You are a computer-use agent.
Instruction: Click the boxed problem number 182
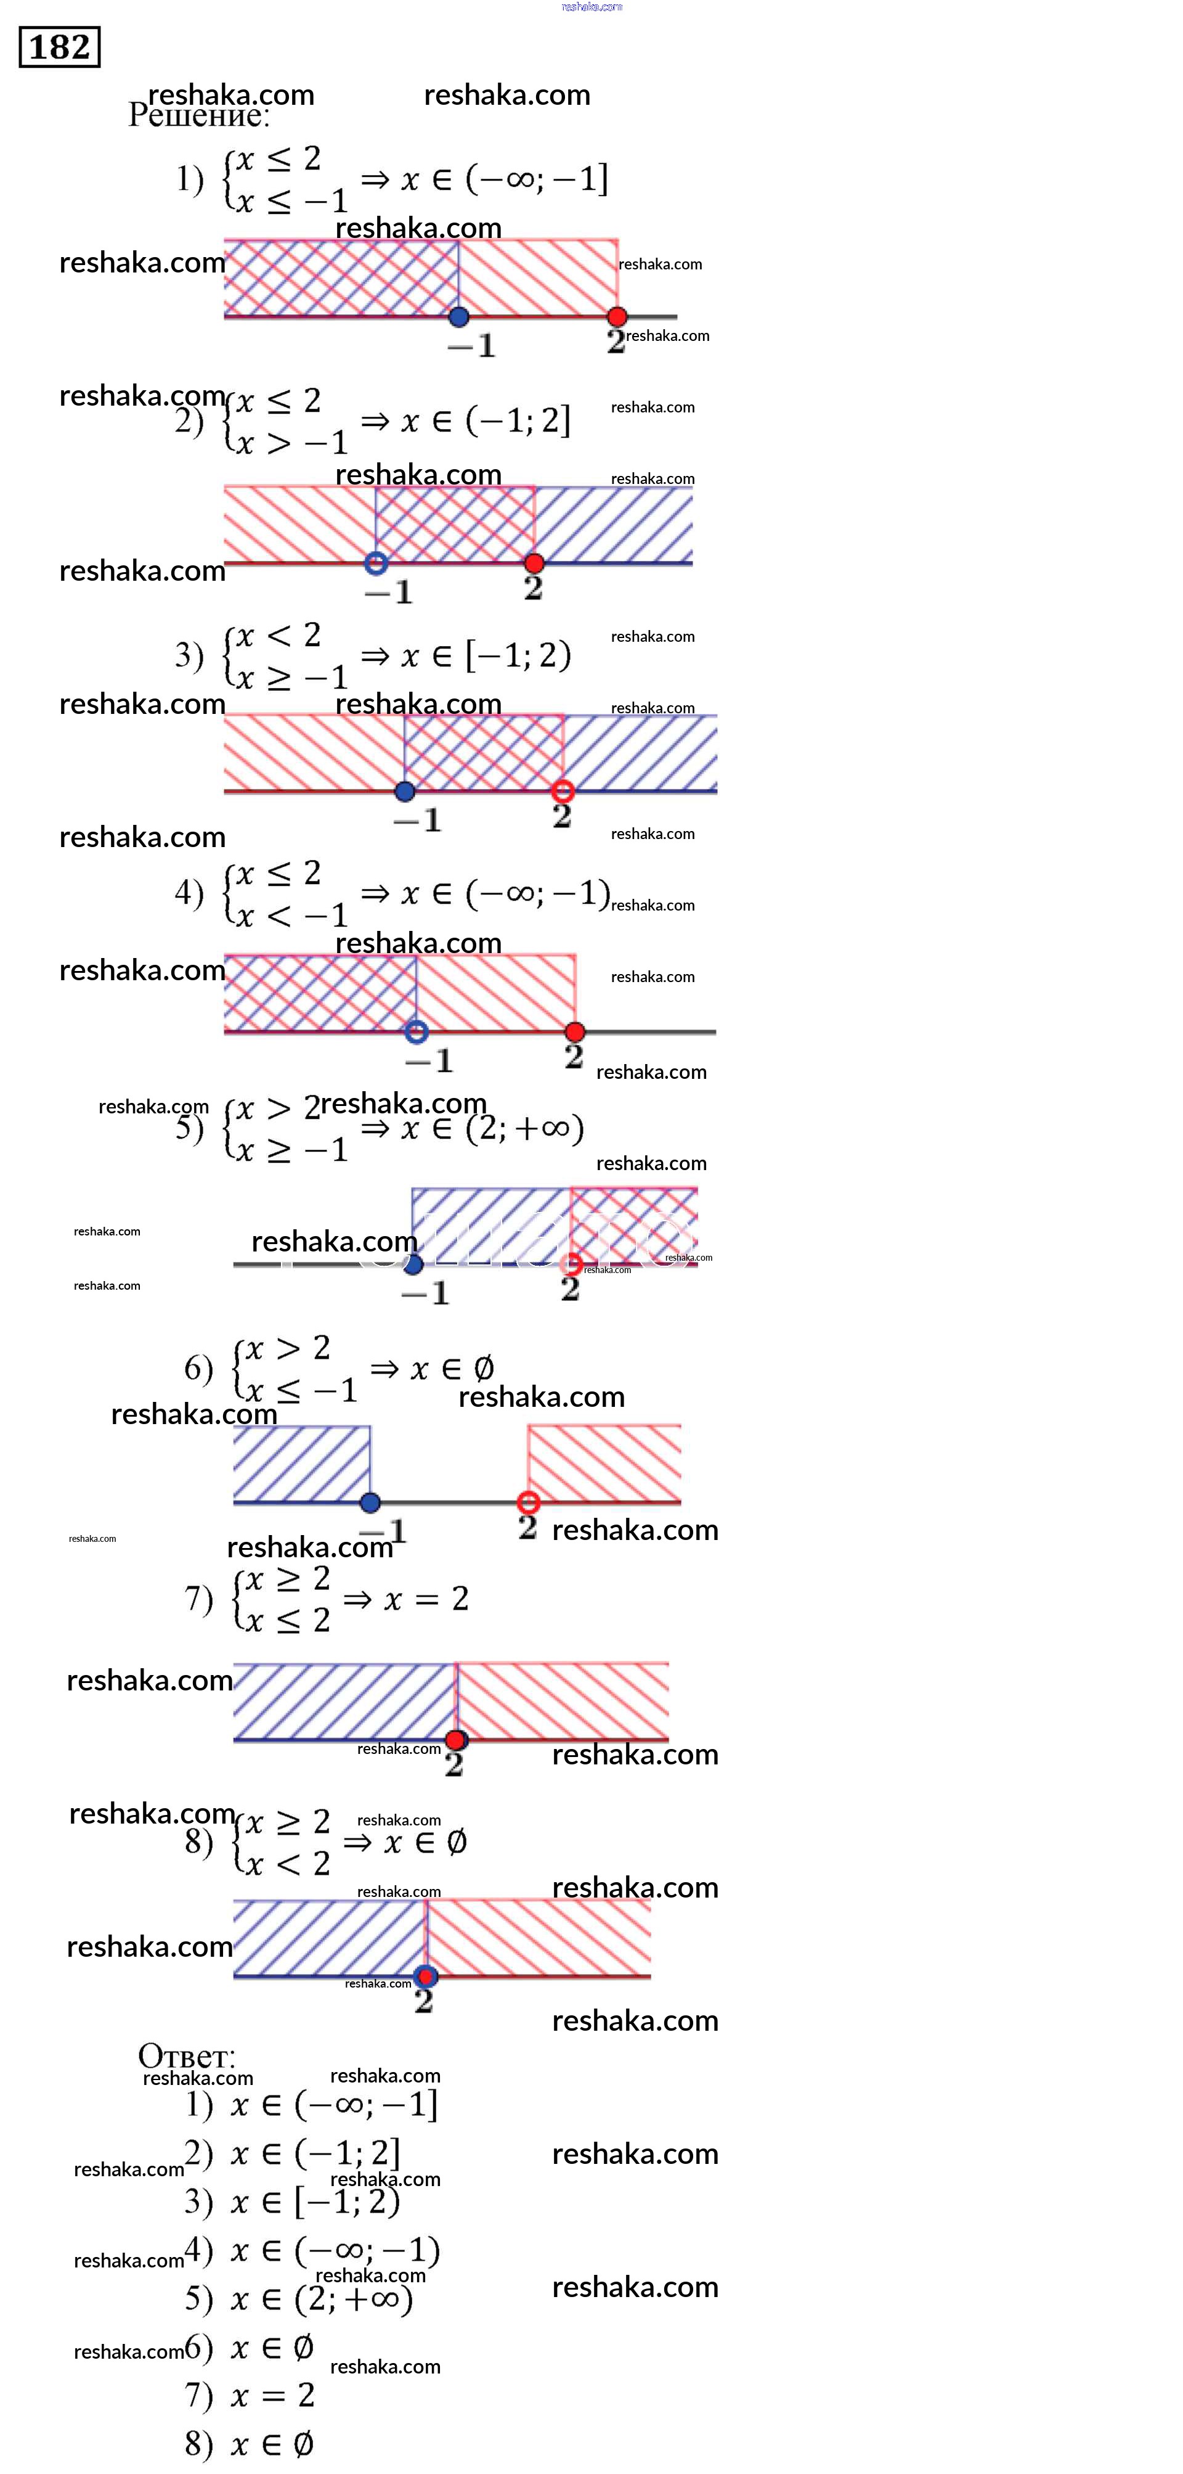[60, 47]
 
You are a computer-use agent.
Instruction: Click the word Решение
[199, 115]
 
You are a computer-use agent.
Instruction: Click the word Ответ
[186, 2055]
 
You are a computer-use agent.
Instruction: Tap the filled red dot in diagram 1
[617, 316]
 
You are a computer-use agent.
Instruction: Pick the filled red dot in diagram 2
[534, 563]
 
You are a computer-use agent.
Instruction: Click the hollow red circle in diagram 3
[563, 792]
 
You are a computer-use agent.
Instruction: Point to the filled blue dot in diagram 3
[404, 792]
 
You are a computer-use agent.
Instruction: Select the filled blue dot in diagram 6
[370, 1502]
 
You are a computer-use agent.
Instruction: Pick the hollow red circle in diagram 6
[528, 1502]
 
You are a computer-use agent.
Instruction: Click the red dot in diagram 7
[456, 1739]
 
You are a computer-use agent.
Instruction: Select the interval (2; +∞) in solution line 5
[524, 1128]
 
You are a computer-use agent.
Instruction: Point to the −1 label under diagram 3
[418, 820]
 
